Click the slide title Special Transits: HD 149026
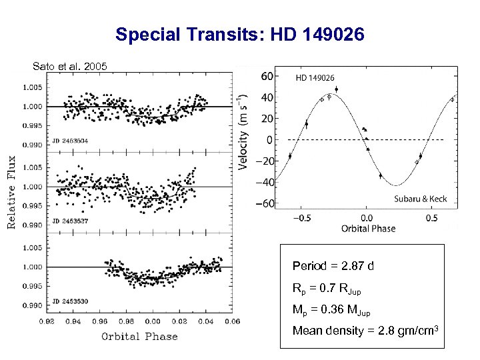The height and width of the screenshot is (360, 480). (x=240, y=34)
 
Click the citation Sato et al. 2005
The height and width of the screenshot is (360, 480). (x=68, y=66)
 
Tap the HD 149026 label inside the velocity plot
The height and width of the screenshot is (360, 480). (x=315, y=78)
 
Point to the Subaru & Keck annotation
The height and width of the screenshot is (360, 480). (x=420, y=199)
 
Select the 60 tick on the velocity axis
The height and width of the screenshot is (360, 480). (x=266, y=76)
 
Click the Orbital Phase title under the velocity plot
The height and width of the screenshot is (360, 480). (x=368, y=229)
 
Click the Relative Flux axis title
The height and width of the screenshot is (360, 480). (x=11, y=193)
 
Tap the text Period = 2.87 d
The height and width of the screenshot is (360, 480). (x=333, y=267)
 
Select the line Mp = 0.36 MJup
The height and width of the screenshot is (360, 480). (x=331, y=311)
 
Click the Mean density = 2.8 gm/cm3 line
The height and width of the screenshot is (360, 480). (x=365, y=331)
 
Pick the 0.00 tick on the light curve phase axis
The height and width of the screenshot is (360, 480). (x=152, y=321)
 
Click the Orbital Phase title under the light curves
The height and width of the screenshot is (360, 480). (x=139, y=336)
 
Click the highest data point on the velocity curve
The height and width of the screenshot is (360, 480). (x=336, y=89)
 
